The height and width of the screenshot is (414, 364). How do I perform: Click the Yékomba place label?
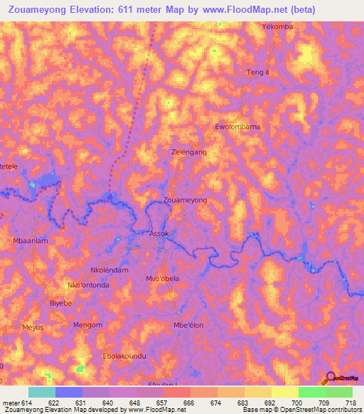point(277,26)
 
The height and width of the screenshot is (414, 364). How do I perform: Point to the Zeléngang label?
point(189,152)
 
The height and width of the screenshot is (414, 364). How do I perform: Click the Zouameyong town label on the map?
point(185,201)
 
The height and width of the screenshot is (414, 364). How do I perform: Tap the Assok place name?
point(159,233)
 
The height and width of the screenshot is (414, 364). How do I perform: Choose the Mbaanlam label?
point(31,241)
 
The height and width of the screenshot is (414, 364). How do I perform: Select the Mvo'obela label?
point(162,278)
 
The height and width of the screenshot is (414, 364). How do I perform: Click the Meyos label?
point(33,327)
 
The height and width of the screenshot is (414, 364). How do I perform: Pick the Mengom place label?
point(88,325)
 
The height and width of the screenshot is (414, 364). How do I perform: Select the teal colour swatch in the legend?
point(42,392)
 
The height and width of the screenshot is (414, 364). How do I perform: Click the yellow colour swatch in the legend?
point(284,392)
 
